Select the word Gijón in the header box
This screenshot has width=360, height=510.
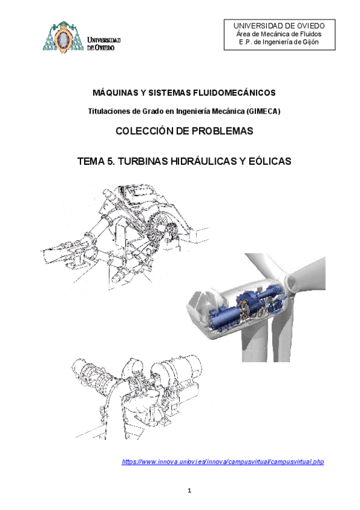[x=310, y=42]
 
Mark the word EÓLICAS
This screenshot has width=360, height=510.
[x=263, y=162]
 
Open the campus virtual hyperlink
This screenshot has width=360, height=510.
[x=223, y=461]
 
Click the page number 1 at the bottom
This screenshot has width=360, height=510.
[x=189, y=491]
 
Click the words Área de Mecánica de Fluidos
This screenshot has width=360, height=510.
[x=278, y=34]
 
